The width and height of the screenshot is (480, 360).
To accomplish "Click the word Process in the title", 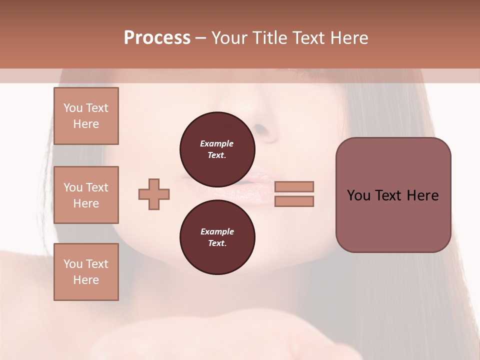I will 157,38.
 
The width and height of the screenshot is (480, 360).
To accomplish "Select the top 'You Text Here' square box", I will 86,116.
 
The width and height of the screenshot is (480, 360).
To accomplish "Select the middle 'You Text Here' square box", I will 86,195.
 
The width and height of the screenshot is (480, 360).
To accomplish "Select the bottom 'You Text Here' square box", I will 86,272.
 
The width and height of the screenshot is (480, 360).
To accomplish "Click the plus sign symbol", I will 154,194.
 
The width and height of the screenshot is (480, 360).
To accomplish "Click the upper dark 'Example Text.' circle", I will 217,149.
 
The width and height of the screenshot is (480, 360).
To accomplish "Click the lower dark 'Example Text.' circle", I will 217,237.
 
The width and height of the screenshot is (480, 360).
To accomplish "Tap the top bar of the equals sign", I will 294,186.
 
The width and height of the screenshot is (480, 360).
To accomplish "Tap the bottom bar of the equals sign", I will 294,201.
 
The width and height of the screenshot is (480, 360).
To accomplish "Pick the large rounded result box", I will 393,195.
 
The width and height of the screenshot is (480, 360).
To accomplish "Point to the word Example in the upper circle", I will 217,143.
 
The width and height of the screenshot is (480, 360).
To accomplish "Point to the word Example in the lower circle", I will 217,231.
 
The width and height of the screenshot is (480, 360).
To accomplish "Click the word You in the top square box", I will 72,108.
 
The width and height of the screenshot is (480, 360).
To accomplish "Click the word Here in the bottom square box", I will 86,280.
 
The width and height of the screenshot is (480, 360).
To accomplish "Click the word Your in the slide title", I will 228,38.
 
